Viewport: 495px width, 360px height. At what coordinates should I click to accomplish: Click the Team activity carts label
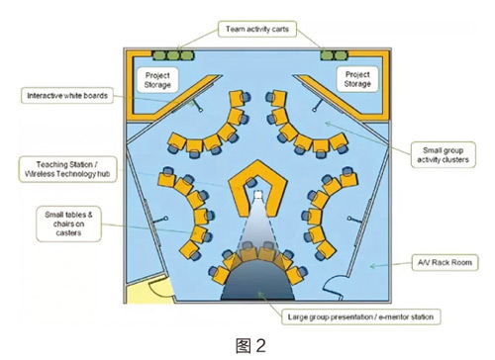[x=257, y=29]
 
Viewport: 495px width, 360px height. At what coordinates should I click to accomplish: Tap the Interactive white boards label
[x=67, y=96]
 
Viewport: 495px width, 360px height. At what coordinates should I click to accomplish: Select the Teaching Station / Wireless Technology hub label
[x=68, y=169]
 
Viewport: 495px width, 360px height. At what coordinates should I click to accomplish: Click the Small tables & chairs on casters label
[x=68, y=224]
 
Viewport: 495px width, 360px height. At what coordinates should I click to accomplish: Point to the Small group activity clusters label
[x=443, y=155]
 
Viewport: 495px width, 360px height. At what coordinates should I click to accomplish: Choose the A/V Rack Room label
[x=445, y=262]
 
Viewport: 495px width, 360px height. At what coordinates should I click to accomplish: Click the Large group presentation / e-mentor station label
[x=360, y=316]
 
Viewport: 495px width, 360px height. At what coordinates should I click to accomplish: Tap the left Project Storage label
[x=157, y=80]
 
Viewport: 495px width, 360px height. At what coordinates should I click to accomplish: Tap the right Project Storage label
[x=357, y=79]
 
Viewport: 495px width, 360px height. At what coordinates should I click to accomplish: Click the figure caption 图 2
[x=250, y=346]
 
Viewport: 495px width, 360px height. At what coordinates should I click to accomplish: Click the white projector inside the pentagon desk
[x=257, y=195]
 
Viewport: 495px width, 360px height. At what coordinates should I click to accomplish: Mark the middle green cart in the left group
[x=173, y=55]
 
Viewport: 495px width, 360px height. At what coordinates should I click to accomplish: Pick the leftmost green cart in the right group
[x=327, y=55]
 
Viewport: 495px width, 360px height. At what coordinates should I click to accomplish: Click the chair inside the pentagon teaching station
[x=251, y=182]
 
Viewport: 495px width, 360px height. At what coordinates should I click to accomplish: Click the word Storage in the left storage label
[x=157, y=85]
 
